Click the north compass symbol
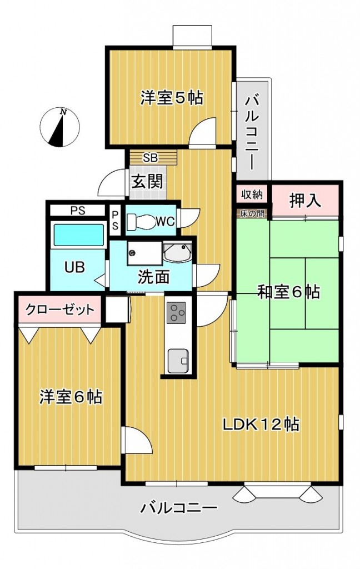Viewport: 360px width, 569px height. pyautogui.click(x=59, y=127)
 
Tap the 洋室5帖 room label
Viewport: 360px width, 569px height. pyautogui.click(x=171, y=98)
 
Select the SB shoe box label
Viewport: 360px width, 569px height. pyautogui.click(x=150, y=158)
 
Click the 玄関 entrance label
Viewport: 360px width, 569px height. pyautogui.click(x=147, y=181)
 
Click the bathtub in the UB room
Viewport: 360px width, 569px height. pyautogui.click(x=78, y=235)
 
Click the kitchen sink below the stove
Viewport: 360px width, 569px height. pyautogui.click(x=178, y=361)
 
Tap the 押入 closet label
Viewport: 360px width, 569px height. pyautogui.click(x=304, y=199)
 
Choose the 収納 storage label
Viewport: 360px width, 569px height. pyautogui.click(x=252, y=194)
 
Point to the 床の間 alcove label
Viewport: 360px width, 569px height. pyautogui.click(x=252, y=213)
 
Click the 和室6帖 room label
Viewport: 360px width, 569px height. pyautogui.click(x=288, y=292)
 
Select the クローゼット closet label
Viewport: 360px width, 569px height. pyautogui.click(x=60, y=310)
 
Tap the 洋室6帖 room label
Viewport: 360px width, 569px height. pyautogui.click(x=71, y=397)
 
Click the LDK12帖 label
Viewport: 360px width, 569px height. pyautogui.click(x=261, y=424)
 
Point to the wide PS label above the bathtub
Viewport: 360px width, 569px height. pyautogui.click(x=78, y=211)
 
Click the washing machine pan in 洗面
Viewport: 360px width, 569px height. pyautogui.click(x=144, y=253)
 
